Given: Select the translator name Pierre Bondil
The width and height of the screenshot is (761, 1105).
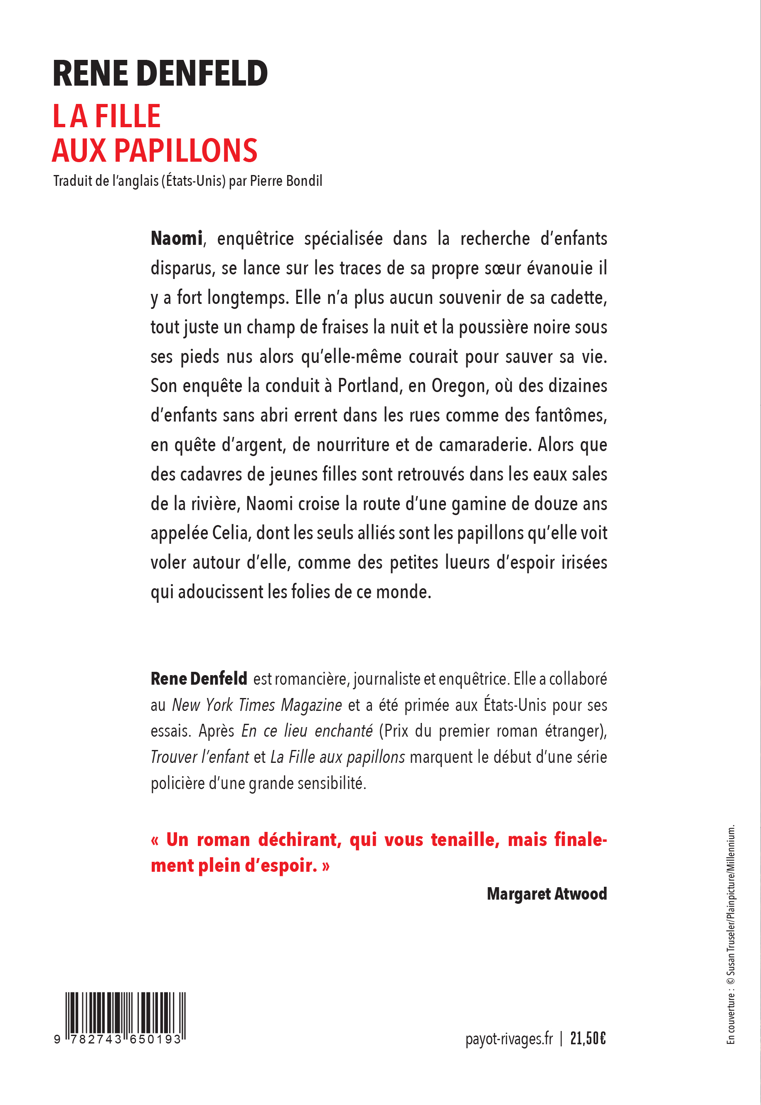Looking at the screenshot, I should click(286, 181).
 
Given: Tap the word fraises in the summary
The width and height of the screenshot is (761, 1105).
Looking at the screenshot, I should click(352, 328).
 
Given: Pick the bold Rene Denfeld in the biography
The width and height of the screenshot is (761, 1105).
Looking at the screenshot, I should click(199, 678).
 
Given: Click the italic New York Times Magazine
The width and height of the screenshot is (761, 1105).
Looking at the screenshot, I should click(256, 705).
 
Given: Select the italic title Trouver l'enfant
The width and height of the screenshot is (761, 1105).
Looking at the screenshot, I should click(199, 757).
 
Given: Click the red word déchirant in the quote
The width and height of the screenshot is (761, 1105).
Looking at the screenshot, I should click(299, 840).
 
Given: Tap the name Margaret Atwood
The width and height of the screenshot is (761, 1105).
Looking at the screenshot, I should click(547, 894).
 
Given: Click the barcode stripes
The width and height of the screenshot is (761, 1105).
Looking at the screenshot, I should click(126, 1012).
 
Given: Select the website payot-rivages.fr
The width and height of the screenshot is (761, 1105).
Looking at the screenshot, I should click(509, 1038).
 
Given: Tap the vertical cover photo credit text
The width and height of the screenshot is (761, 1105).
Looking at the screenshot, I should click(731, 935).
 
